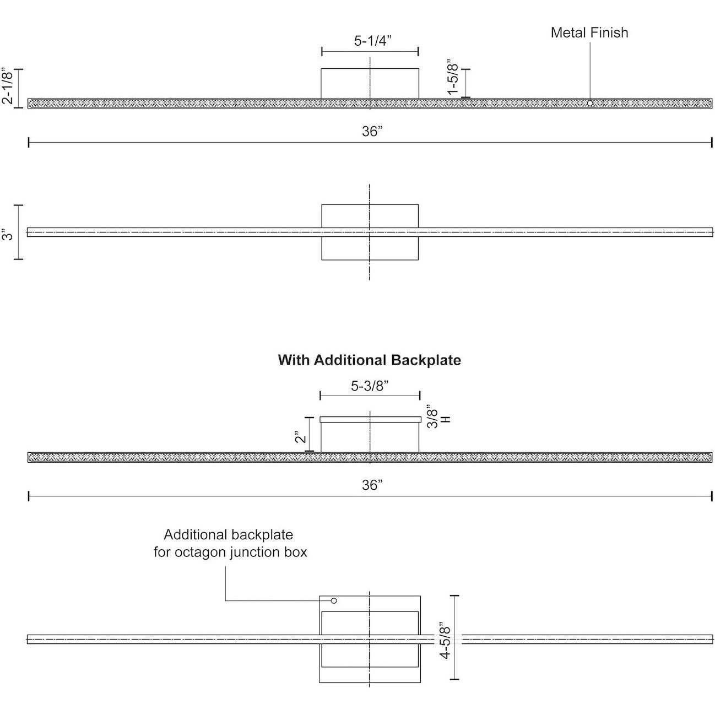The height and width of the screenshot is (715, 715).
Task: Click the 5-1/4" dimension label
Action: (373, 41)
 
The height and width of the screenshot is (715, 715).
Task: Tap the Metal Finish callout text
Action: (589, 32)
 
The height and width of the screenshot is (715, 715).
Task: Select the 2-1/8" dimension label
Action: (8, 85)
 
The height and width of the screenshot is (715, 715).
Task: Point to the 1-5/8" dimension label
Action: (453, 77)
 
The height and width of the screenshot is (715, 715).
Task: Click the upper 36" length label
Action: (372, 131)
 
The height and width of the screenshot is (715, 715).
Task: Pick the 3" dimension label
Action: (8, 235)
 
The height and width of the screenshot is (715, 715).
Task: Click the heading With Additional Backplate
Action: (369, 360)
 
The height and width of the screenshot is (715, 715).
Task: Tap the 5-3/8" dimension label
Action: (370, 386)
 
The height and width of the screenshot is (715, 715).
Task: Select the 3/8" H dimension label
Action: (439, 417)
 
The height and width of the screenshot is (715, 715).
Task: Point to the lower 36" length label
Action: (372, 485)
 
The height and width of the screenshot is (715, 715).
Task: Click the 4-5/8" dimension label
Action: (445, 640)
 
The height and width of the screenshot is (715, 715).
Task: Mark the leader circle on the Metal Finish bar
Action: (590, 103)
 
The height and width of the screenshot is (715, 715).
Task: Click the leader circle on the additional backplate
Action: (334, 600)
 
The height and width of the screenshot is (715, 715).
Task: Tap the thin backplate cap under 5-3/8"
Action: (370, 419)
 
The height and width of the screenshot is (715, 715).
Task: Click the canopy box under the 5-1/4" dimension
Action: (370, 83)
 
